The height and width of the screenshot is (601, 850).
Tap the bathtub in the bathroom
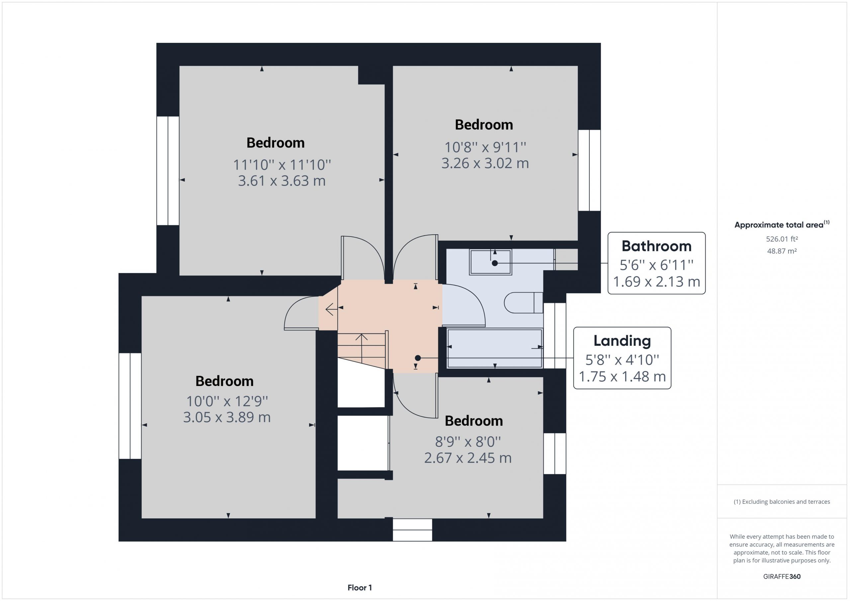pyautogui.click(x=495, y=348)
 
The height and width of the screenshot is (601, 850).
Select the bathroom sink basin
pyautogui.click(x=490, y=262)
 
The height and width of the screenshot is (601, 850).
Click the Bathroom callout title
pyautogui.click(x=656, y=246)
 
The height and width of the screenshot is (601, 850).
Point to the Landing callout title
pyautogui.click(x=622, y=341)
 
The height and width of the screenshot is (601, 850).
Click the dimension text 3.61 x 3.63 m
pyautogui.click(x=282, y=181)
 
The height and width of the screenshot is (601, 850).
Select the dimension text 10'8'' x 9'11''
pyautogui.click(x=485, y=147)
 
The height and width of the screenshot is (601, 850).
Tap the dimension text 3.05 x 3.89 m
pyautogui.click(x=227, y=417)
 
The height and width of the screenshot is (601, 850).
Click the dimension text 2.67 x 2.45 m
pyautogui.click(x=468, y=458)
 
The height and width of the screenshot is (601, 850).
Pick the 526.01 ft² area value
pyautogui.click(x=782, y=239)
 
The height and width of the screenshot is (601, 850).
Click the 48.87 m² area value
pyautogui.click(x=782, y=251)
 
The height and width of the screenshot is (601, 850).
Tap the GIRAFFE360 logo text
pyautogui.click(x=782, y=576)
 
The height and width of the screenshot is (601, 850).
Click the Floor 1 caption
pyautogui.click(x=360, y=588)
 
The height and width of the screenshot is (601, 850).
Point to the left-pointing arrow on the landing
pyautogui.click(x=331, y=309)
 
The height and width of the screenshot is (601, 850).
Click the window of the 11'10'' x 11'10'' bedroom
pyautogui.click(x=168, y=171)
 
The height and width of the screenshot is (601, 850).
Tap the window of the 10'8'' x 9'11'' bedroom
pyautogui.click(x=589, y=170)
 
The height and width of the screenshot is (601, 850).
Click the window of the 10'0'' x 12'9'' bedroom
pyautogui.click(x=130, y=406)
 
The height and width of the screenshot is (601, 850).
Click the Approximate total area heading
pyautogui.click(x=782, y=224)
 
